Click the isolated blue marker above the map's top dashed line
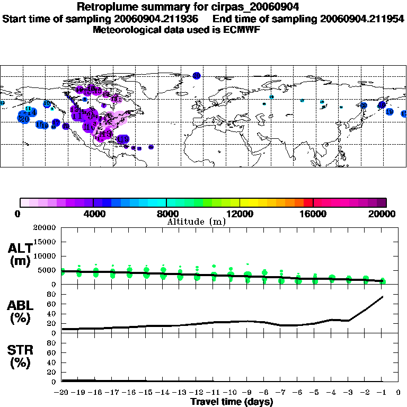click(x=197, y=76)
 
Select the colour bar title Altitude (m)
click(x=197, y=222)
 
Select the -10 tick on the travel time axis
click(x=230, y=392)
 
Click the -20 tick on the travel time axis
click(x=62, y=392)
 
